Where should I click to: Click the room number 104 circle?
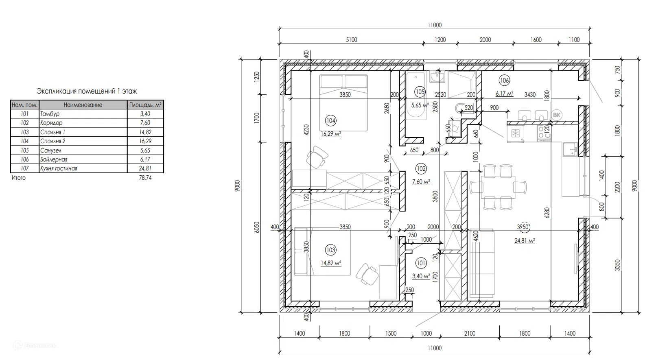(330, 120)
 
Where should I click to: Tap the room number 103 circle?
(330, 250)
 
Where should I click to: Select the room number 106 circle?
(504, 81)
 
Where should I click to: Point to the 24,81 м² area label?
(525, 241)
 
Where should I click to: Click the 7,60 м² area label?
(421, 182)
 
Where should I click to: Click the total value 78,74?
(145, 178)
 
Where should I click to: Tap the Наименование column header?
(83, 105)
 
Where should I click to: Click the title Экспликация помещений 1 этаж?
(87, 91)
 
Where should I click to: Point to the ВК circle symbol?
(556, 115)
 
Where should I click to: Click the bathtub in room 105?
(415, 96)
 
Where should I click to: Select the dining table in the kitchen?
(498, 187)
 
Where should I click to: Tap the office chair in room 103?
(367, 274)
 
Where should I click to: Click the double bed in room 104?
(343, 103)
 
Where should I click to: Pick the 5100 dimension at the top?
(352, 40)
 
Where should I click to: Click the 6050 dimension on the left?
(257, 227)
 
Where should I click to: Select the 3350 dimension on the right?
(617, 265)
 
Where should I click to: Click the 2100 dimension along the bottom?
(470, 334)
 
